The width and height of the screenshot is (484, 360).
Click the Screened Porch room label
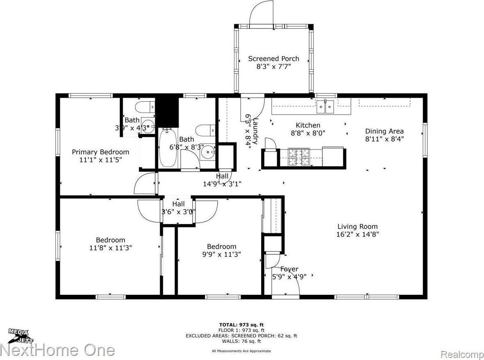coord(273,59)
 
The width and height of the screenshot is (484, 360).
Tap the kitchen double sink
coord(326,107)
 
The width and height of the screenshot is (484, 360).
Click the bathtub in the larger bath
coord(167,147)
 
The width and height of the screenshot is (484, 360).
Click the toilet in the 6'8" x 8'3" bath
coord(206,131)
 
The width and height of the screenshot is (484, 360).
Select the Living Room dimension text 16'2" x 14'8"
coord(357,234)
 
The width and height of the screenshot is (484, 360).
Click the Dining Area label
coord(384,131)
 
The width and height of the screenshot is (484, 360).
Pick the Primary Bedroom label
coord(101,152)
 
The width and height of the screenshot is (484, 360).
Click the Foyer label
coord(289,269)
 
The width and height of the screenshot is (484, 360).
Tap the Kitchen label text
coord(308,125)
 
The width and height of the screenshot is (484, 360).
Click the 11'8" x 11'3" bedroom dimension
coord(110,248)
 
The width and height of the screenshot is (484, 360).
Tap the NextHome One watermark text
coord(57,350)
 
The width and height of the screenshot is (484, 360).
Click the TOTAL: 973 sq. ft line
coord(241,324)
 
